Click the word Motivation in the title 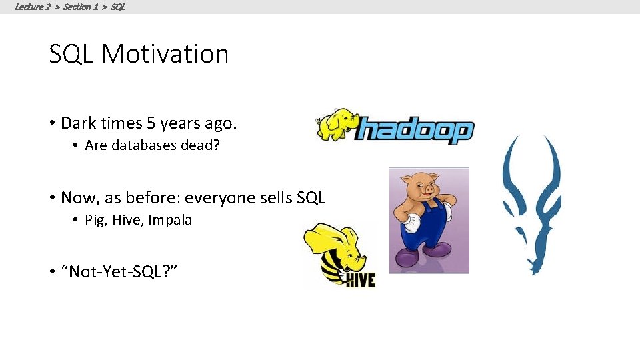tap(165, 54)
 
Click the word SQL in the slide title tap(72, 54)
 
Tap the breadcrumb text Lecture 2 tap(33, 7)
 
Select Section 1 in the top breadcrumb tap(81, 7)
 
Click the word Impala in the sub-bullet tap(170, 220)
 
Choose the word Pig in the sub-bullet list tap(95, 220)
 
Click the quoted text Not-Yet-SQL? tap(119, 272)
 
